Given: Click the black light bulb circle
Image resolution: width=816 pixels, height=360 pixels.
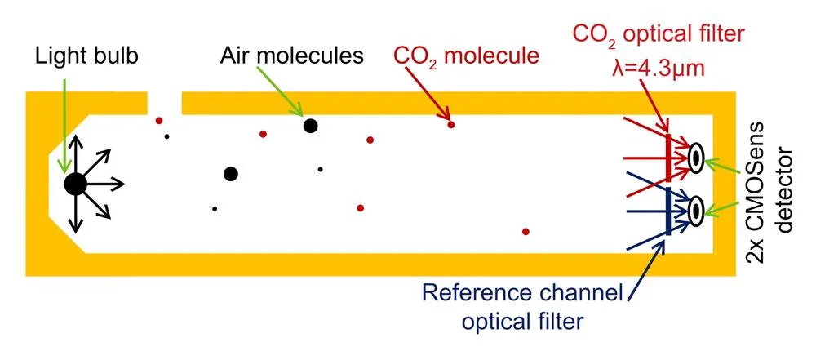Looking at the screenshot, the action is [75, 184].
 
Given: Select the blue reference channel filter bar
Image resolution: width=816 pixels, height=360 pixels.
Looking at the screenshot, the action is [668, 211].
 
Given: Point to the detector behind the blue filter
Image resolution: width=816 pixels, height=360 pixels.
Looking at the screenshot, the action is [695, 211].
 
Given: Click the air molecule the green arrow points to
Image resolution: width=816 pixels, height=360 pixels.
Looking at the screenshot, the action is [310, 126].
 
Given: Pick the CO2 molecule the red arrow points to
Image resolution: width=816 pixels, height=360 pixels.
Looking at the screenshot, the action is [450, 125].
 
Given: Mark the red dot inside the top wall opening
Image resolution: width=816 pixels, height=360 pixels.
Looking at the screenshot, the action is [159, 120].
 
